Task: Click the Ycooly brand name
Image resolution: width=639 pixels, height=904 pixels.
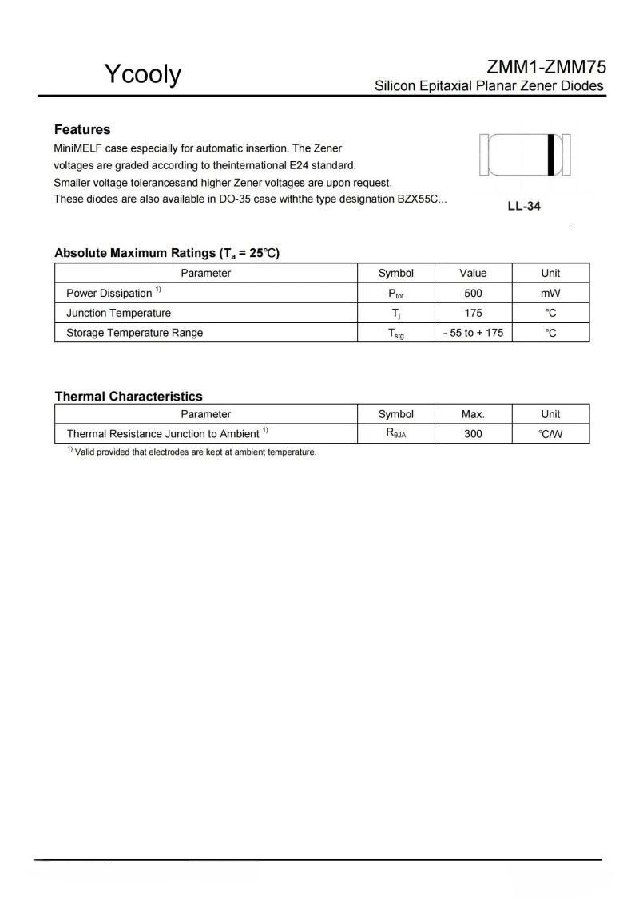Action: (x=142, y=74)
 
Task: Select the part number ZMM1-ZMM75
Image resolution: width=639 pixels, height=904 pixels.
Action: (x=546, y=67)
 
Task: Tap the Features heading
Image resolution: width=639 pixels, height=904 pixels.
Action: (x=82, y=129)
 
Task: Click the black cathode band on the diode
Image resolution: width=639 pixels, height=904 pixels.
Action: (x=551, y=155)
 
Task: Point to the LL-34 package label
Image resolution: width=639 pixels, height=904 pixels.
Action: (x=524, y=206)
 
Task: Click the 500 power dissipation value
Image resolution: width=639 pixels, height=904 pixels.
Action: (x=473, y=293)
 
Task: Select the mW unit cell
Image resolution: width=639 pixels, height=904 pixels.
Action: (x=550, y=293)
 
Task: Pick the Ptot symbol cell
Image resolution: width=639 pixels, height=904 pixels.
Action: (x=395, y=294)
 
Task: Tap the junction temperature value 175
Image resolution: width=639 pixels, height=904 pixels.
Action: (x=473, y=313)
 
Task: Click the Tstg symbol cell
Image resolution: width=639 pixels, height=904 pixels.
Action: (x=395, y=334)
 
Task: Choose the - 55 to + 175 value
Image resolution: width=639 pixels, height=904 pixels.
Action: (x=473, y=333)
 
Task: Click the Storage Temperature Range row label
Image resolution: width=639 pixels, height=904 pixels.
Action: (x=134, y=333)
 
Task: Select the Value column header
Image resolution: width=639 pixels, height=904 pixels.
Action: (x=473, y=273)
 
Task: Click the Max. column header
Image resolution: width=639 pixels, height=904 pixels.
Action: (x=473, y=414)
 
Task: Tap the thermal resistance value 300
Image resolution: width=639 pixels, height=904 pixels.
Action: (x=473, y=434)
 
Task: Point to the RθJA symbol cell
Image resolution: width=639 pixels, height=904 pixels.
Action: (x=395, y=434)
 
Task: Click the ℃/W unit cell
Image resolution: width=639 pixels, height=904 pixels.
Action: (x=550, y=434)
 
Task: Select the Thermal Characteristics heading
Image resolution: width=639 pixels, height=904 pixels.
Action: (x=128, y=396)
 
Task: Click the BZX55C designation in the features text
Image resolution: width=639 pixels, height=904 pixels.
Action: (x=419, y=199)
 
